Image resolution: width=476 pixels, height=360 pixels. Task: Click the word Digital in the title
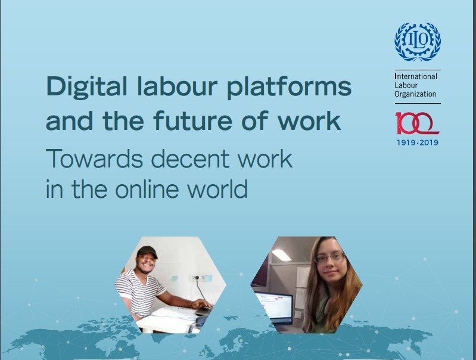(86, 86)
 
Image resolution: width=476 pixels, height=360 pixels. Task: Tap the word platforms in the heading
(289, 86)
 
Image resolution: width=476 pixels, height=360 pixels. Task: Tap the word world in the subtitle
(217, 188)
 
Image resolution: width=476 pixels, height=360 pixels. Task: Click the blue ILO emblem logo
(418, 42)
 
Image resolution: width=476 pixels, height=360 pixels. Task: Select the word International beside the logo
(416, 76)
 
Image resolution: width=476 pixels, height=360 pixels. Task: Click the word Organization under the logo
(415, 94)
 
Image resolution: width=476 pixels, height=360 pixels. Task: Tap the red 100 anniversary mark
(417, 123)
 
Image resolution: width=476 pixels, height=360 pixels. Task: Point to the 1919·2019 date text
(418, 142)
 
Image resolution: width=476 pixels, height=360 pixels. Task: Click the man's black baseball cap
(147, 252)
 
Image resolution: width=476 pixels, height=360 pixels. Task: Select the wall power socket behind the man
(197, 277)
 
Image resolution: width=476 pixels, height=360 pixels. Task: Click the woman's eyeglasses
(330, 257)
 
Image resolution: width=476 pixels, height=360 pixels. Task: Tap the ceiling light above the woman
(282, 255)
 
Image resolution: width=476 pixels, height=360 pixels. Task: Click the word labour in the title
(178, 86)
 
